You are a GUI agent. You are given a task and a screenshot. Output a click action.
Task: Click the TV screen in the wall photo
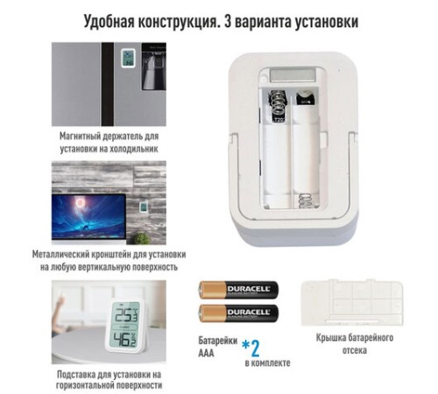[x=91, y=213]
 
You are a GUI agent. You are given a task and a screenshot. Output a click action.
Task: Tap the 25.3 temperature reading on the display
[x=126, y=316]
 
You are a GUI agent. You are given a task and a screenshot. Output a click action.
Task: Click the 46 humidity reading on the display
[x=126, y=340]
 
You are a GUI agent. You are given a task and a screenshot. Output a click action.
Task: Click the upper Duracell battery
[x=237, y=291]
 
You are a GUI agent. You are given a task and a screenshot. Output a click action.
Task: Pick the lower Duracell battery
[x=237, y=314]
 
